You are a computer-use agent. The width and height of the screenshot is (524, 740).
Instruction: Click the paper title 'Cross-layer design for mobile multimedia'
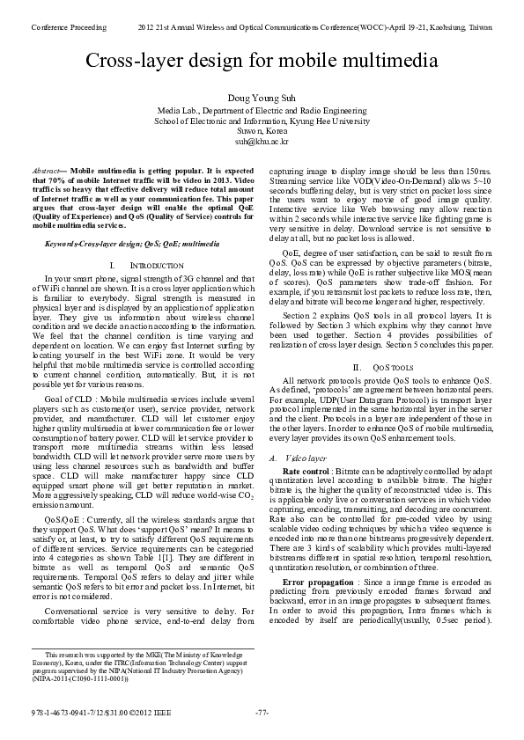(262, 61)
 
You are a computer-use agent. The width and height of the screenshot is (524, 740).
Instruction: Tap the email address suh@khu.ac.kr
(262, 141)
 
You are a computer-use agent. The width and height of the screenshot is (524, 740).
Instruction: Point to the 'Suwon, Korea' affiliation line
(262, 130)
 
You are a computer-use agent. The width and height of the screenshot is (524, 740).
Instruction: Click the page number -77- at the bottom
(262, 712)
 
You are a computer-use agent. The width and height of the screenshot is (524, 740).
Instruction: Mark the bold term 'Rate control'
(306, 472)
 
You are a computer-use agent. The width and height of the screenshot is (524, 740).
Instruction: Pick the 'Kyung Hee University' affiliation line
(262, 121)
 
